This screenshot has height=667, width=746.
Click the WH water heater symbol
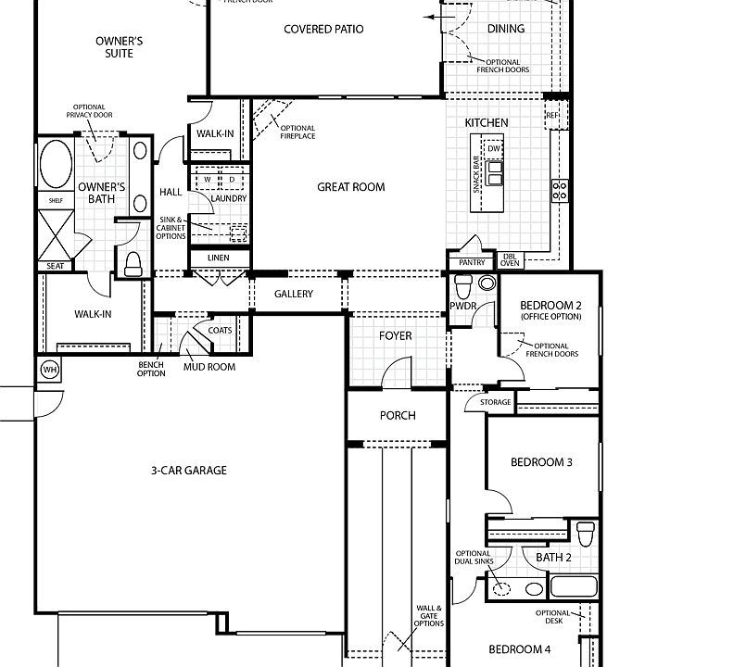tap(49, 371)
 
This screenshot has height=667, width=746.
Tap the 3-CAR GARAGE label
tap(188, 471)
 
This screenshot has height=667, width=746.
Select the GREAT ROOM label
tap(350, 187)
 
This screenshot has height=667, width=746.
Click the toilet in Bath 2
tap(585, 535)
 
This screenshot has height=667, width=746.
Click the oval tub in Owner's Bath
tap(53, 164)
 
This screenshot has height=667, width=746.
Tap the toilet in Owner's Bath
tap(132, 264)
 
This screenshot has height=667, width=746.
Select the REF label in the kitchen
tap(552, 116)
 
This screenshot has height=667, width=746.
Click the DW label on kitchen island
tap(494, 149)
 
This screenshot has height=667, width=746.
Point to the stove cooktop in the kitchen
tap(560, 191)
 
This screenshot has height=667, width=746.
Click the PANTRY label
tap(472, 263)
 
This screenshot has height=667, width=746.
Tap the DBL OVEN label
tap(510, 260)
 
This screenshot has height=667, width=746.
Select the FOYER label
tap(396, 336)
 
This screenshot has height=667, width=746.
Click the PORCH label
tap(398, 416)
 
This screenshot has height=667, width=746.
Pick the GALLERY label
tap(294, 295)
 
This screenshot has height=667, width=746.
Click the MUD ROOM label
tap(209, 368)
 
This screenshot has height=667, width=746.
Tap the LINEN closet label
tap(219, 258)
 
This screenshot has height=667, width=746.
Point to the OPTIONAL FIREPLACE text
tap(297, 132)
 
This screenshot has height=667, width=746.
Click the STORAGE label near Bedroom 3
tap(496, 403)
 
